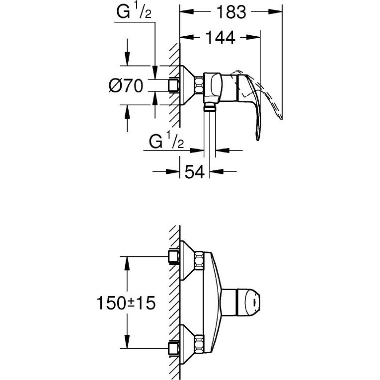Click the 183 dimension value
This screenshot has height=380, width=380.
pos(231,12)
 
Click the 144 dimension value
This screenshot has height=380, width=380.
pos(220,37)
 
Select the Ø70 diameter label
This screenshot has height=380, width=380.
pos(126,85)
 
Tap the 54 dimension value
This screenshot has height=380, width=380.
pos(195,172)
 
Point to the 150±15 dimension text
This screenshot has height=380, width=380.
pos(126,303)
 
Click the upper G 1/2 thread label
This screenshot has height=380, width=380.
pos(134,11)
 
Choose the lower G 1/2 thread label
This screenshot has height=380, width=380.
pos(166,141)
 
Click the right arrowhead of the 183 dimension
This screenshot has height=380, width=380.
pos(276,11)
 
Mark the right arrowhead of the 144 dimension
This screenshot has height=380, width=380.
pos(253,37)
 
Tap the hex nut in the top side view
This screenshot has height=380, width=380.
pos(199,85)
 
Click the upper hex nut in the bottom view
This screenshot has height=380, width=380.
pos(200,260)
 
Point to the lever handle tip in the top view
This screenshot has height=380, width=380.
pos(258,139)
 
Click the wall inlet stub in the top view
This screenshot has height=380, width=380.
pos(174,85)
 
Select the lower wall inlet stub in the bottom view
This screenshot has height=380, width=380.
pos(174,349)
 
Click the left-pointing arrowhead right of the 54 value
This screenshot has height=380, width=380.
pos(217,172)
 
